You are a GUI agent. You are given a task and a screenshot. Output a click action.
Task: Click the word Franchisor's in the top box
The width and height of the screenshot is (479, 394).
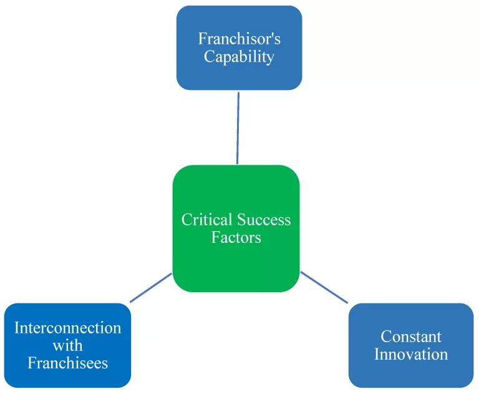(x=239, y=39)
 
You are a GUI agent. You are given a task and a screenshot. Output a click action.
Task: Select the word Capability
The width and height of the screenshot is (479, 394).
(x=239, y=57)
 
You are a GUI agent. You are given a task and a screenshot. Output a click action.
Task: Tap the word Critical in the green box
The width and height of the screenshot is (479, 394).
(x=206, y=220)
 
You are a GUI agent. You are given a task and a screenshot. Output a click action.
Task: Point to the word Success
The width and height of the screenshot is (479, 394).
(x=264, y=220)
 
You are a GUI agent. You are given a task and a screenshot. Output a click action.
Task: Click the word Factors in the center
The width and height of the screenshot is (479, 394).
(x=236, y=237)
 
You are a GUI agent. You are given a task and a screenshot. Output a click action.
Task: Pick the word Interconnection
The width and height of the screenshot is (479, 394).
(x=68, y=328)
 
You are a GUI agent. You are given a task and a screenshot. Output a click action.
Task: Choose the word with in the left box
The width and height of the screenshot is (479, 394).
(x=68, y=346)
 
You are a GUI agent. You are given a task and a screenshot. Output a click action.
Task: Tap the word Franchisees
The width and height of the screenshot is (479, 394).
(x=68, y=363)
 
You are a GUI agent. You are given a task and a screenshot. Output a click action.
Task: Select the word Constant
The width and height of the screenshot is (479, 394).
(x=411, y=337)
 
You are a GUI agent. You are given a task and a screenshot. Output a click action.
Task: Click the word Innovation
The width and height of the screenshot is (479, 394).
(x=411, y=354)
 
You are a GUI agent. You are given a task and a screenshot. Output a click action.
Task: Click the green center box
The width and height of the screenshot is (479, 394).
(x=236, y=229)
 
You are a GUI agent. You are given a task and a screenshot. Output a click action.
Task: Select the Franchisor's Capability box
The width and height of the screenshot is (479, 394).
(x=239, y=47)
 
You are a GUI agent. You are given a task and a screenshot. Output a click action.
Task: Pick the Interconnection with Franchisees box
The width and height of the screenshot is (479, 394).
(x=67, y=345)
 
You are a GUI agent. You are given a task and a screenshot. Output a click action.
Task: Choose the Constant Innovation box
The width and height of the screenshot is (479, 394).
(x=411, y=345)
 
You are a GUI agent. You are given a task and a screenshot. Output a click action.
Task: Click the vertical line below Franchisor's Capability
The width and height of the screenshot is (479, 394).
(x=238, y=128)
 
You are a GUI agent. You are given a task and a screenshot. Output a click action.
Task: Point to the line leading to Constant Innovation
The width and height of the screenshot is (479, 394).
(x=324, y=287)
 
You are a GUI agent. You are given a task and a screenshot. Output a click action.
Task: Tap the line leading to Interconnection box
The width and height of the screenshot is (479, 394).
(x=151, y=288)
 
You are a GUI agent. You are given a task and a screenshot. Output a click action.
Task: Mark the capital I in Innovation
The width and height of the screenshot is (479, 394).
(x=377, y=354)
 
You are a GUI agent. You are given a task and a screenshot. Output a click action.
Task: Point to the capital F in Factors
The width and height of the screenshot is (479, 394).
(x=215, y=237)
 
